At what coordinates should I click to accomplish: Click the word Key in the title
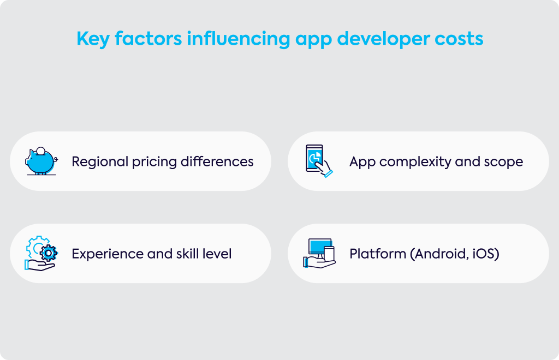click(93, 39)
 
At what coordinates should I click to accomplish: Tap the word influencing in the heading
click(239, 39)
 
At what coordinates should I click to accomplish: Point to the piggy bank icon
click(40, 161)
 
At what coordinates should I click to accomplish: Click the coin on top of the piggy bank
click(41, 151)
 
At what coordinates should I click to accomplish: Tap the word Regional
click(100, 161)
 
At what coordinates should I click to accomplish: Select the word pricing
click(154, 162)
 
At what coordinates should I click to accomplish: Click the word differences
click(217, 161)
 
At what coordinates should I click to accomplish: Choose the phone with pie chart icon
click(319, 160)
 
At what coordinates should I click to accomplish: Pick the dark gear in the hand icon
click(49, 253)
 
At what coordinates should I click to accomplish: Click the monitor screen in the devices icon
click(320, 246)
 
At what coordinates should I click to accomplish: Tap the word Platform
click(378, 254)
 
